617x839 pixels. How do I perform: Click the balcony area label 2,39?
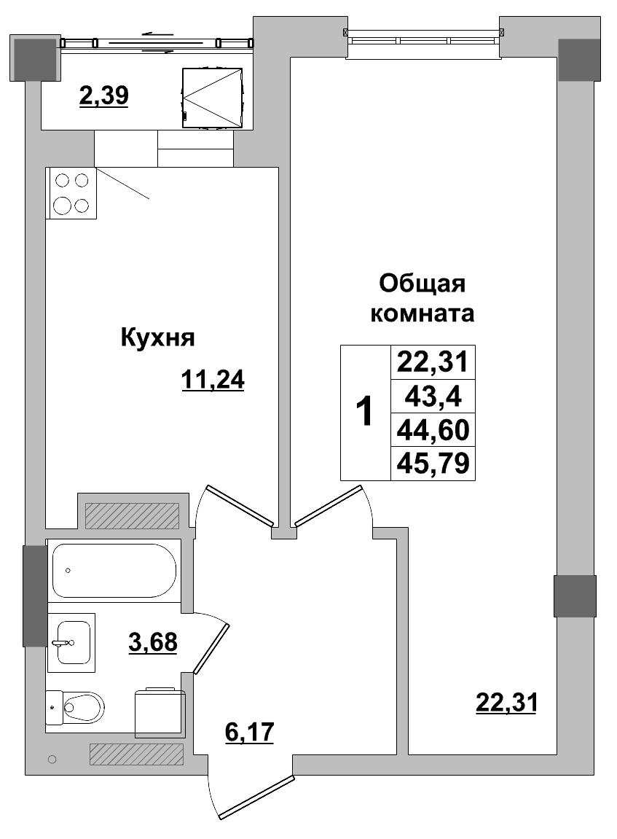point(104,95)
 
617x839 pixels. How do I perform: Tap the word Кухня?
point(157,337)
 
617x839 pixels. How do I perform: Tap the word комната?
point(423,314)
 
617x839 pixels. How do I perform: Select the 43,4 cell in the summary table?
point(433,398)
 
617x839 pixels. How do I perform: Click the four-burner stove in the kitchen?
point(71,193)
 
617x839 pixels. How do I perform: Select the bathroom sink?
point(71,642)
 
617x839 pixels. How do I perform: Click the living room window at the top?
point(425,36)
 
